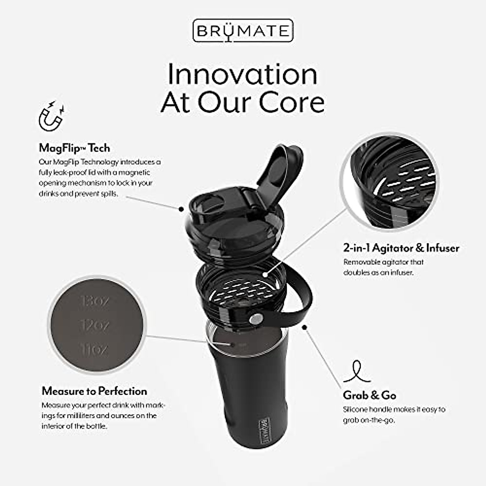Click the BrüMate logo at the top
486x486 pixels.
click(x=243, y=30)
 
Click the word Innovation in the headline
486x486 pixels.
click(x=242, y=75)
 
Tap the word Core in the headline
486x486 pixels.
click(x=292, y=102)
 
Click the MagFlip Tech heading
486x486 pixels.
click(x=74, y=148)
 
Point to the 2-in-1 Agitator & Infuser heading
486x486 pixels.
click(x=401, y=247)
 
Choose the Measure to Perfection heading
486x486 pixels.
click(x=94, y=391)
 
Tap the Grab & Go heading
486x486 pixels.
click(x=369, y=395)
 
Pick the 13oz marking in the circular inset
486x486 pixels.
click(x=94, y=301)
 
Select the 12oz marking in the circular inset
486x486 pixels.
click(x=94, y=325)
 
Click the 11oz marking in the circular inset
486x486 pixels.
click(x=94, y=349)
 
